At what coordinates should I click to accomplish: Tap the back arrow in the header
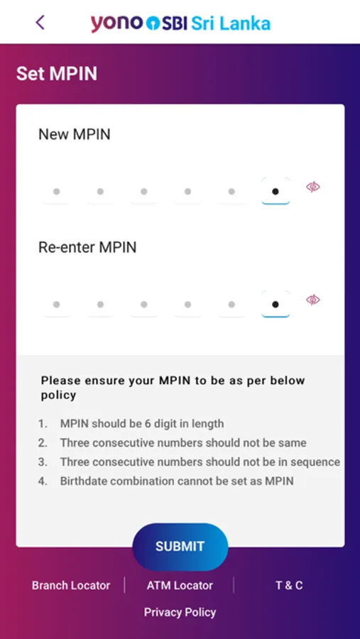40,23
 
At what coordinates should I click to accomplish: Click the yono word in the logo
117,23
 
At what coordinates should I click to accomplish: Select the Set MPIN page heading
57,74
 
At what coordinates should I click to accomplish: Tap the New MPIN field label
75,134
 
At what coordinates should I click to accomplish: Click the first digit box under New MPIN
56,191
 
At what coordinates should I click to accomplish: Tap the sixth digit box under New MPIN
276,191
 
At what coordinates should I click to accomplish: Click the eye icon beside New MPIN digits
313,187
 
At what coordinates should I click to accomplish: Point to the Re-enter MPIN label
87,247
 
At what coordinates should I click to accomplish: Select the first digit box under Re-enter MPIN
56,304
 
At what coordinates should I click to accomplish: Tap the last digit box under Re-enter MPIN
276,304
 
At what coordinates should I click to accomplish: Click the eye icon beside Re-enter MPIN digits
313,300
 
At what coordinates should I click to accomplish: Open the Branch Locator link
71,586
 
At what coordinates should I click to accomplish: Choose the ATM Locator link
180,586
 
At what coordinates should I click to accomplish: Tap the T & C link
289,586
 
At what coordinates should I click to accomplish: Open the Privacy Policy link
180,612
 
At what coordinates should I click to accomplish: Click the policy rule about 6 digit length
142,424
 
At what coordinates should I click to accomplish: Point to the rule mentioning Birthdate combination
177,481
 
